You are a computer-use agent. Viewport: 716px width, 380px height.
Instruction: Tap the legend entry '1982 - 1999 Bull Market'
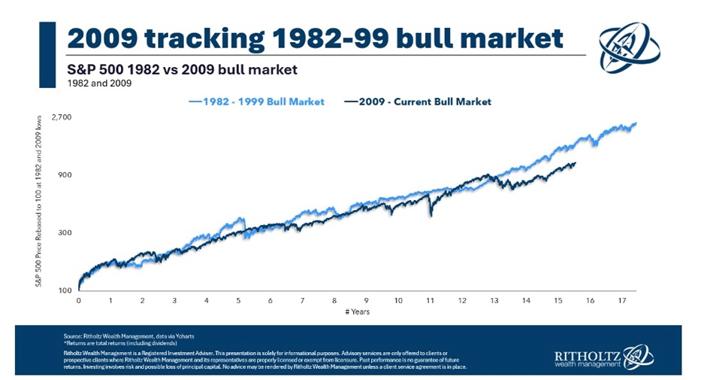pyautogui.click(x=258, y=102)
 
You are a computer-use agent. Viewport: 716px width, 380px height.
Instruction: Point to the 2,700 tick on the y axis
pyautogui.click(x=61, y=117)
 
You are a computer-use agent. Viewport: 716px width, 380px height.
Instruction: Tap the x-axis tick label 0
pyautogui.click(x=78, y=299)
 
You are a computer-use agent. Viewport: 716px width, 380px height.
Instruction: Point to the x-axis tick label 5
pyautogui.click(x=238, y=299)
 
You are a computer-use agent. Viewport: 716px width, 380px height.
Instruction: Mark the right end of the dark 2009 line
pyautogui.click(x=576, y=163)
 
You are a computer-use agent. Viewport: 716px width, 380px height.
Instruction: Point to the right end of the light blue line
pyautogui.click(x=636, y=123)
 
